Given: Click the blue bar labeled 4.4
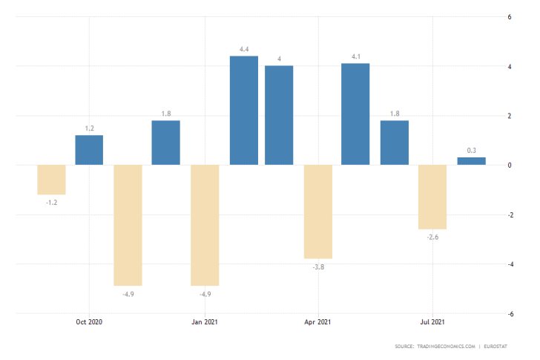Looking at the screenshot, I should pyautogui.click(x=243, y=111).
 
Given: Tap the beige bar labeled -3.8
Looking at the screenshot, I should pyautogui.click(x=317, y=212).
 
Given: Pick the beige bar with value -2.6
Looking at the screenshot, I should pyautogui.click(x=432, y=197).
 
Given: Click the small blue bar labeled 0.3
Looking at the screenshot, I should pyautogui.click(x=471, y=161).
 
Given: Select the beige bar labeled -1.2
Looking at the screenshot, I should pyautogui.click(x=51, y=180).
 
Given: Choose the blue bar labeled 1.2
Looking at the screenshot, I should pyautogui.click(x=89, y=150).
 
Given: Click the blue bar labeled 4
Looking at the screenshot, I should pyautogui.click(x=279, y=115).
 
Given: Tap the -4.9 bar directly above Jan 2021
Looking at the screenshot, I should pyautogui.click(x=205, y=225).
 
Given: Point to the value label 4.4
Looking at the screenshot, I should pyautogui.click(x=243, y=50).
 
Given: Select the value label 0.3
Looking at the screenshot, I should pyautogui.click(x=471, y=151).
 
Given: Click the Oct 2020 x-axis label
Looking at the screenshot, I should pyautogui.click(x=89, y=321).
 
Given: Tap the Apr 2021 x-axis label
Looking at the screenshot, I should pyautogui.click(x=317, y=321).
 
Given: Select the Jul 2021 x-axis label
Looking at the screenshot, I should pyautogui.click(x=432, y=321).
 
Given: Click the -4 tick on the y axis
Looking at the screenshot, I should pyautogui.click(x=508, y=264).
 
